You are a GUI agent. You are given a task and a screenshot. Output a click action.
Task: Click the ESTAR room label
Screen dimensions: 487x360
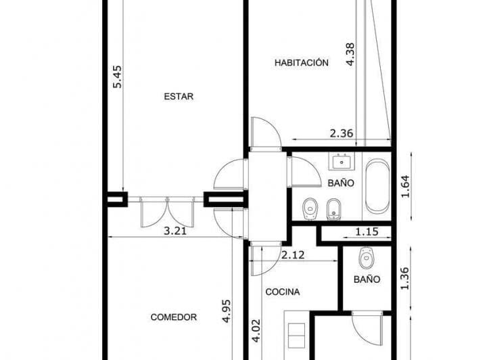pos(179,97)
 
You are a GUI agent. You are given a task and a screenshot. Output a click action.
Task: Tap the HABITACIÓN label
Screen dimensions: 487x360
pos(301,63)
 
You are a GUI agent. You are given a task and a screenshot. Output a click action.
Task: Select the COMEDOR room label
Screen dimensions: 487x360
pos(174,317)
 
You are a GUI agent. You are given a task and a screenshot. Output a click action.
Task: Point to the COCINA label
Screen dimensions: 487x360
pos(283,292)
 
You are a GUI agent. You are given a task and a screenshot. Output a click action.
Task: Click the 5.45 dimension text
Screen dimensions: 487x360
pos(118,76)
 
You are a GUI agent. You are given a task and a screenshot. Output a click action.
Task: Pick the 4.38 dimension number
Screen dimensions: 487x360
pos(350,54)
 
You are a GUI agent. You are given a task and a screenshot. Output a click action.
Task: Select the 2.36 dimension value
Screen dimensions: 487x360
pos(342,133)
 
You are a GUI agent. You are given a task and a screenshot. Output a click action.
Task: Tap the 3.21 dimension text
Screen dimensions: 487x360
pos(175,231)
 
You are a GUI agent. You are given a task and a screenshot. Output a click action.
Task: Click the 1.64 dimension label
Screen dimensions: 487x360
pos(406,186)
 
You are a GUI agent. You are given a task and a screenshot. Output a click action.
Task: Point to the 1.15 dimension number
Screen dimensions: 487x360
pos(367,231)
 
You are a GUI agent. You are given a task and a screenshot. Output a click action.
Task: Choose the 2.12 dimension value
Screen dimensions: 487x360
pos(293,255)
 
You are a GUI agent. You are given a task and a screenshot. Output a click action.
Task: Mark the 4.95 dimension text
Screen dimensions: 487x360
pos(226,311)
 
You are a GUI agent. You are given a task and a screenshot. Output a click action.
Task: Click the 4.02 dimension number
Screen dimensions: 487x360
pos(256,331)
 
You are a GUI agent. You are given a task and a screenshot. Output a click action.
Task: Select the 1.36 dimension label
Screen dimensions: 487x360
pos(406,279)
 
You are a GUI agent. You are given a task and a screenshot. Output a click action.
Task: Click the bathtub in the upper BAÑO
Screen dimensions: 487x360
pos(377,186)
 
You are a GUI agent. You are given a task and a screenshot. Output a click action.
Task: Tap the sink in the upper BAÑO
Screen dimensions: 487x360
pos(342,162)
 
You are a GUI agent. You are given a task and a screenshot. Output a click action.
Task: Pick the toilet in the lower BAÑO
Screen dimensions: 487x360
pos(367,258)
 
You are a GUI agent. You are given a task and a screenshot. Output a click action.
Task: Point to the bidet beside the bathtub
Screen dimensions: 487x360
pos(334,209)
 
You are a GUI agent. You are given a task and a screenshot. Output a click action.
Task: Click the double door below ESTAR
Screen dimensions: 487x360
pos(168,212)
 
